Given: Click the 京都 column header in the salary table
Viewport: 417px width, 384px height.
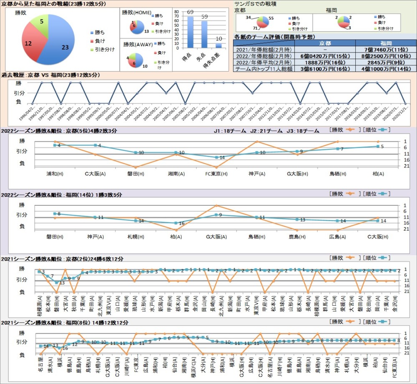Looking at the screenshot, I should pyautogui.click(x=325, y=43).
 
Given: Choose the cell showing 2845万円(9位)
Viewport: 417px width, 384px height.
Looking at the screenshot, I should pyautogui.click(x=386, y=62).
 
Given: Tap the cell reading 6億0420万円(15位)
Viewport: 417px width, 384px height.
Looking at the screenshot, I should pyautogui.click(x=325, y=56).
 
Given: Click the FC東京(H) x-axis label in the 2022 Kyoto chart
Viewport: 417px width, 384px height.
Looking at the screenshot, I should pyautogui.click(x=216, y=173).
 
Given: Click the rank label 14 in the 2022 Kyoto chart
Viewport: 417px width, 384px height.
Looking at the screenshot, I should pyautogui.click(x=222, y=157).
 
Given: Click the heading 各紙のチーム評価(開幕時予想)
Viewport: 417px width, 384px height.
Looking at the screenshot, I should pyautogui.click(x=275, y=37).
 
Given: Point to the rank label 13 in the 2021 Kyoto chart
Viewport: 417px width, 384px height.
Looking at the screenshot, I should pyautogui.click(x=62, y=283).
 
